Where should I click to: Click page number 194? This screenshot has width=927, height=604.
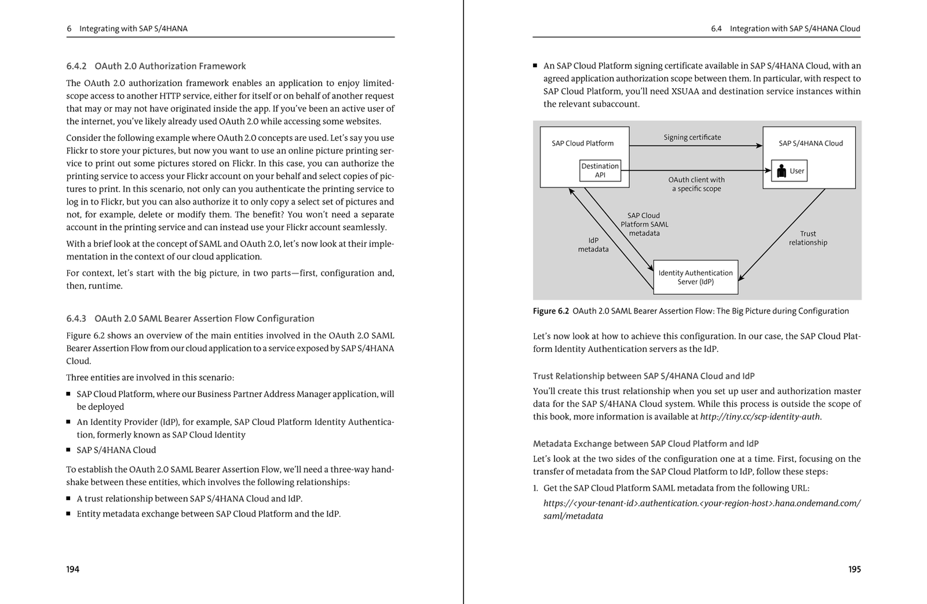point(72,569)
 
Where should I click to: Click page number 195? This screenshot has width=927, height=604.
point(854,569)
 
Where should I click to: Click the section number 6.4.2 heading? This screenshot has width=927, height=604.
point(76,66)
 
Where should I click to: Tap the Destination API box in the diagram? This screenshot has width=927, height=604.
point(600,170)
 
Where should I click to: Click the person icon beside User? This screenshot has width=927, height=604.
point(780,171)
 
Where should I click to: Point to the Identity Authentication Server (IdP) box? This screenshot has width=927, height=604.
point(695,277)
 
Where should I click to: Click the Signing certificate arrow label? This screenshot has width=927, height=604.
point(692,137)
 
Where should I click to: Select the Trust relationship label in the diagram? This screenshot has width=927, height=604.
point(808,238)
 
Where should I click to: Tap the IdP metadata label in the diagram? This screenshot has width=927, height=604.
point(593,245)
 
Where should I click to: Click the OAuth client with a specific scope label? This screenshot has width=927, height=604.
point(696,184)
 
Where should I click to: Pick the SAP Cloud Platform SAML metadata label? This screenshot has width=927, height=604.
point(644,224)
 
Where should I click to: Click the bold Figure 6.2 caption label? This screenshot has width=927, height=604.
point(550,311)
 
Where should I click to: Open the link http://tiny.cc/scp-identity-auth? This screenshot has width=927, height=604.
point(760,417)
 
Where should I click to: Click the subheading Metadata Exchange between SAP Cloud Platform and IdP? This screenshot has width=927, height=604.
point(645,444)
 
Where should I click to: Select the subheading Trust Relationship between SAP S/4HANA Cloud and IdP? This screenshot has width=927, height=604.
point(643,376)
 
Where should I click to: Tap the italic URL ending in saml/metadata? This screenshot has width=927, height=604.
point(701,510)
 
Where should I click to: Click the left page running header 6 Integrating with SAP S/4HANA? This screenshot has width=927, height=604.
point(127,28)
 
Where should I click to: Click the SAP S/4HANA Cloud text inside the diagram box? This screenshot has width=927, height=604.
point(810,143)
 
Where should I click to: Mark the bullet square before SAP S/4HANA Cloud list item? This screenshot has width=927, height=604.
point(68,450)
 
